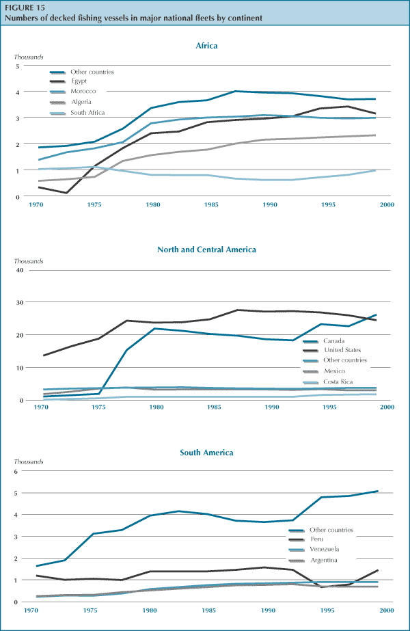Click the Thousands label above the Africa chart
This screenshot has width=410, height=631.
(x=29, y=58)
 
